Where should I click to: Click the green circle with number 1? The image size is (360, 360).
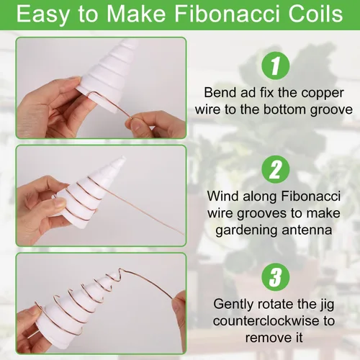pyautogui.click(x=275, y=66)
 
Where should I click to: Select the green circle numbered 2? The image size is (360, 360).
pyautogui.click(x=275, y=169)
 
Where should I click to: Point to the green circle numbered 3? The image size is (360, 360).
pyautogui.click(x=275, y=276)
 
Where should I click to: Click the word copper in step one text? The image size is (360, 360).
pyautogui.click(x=323, y=94)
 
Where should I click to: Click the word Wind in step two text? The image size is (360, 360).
pyautogui.click(x=223, y=196)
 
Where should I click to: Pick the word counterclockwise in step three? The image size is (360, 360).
pyautogui.click(x=268, y=321)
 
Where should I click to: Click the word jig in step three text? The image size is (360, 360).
pyautogui.click(x=328, y=305)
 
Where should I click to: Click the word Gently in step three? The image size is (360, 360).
pyautogui.click(x=233, y=305)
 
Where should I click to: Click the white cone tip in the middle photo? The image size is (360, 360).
pyautogui.click(x=122, y=159)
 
